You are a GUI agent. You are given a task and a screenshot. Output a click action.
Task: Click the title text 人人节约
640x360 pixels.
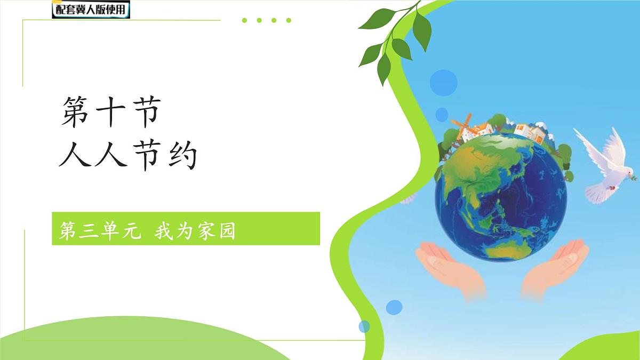tap(128, 155)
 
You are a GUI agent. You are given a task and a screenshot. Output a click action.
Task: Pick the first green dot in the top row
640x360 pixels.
tap(244, 21)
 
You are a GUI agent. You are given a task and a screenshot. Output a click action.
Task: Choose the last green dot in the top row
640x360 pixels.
tap(289, 21)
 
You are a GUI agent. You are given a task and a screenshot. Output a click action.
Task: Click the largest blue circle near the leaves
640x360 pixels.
tap(444, 82)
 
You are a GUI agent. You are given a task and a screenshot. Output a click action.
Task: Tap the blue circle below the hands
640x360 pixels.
tap(394, 307)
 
